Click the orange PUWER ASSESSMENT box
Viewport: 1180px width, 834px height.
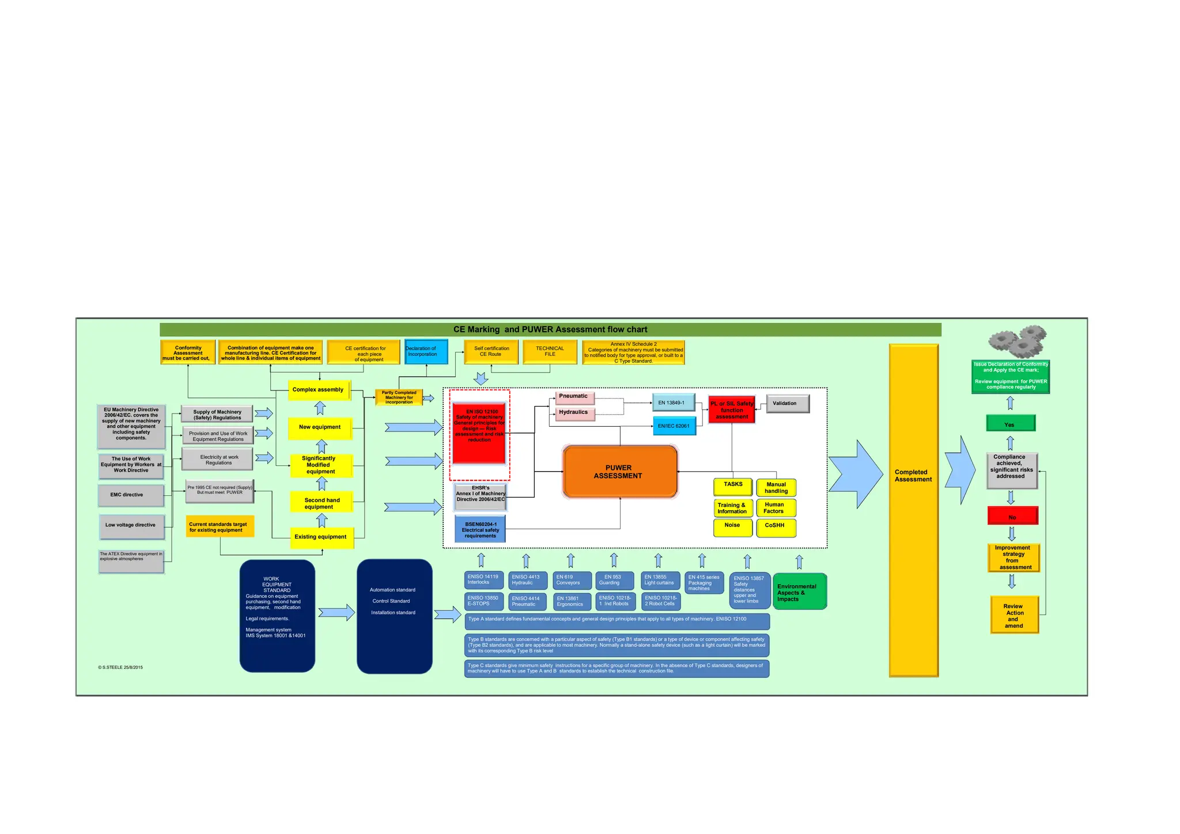(x=619, y=472)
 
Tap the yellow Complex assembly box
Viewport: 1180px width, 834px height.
(x=318, y=390)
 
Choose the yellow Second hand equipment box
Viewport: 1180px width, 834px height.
(x=322, y=503)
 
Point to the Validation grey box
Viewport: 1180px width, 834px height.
(x=787, y=403)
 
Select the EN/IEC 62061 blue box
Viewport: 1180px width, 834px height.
(x=674, y=426)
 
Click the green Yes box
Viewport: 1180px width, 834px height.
(x=1010, y=424)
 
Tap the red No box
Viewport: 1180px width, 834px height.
(x=1012, y=516)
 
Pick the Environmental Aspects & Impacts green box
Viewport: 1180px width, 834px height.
(x=799, y=592)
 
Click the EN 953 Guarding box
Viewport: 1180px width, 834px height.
(x=614, y=580)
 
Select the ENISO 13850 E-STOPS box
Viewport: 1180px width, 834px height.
(x=483, y=601)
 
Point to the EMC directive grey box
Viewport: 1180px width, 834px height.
(x=130, y=495)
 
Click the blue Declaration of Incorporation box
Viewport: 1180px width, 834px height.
(x=426, y=351)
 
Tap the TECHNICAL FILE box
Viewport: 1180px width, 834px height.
(x=550, y=351)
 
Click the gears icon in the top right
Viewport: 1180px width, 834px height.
(x=1018, y=341)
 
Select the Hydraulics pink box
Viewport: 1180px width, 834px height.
(x=574, y=413)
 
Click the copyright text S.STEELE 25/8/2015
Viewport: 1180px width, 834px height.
(x=120, y=668)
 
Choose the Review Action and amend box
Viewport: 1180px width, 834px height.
(x=1014, y=615)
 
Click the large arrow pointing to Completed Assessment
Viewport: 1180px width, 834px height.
(x=856, y=474)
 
